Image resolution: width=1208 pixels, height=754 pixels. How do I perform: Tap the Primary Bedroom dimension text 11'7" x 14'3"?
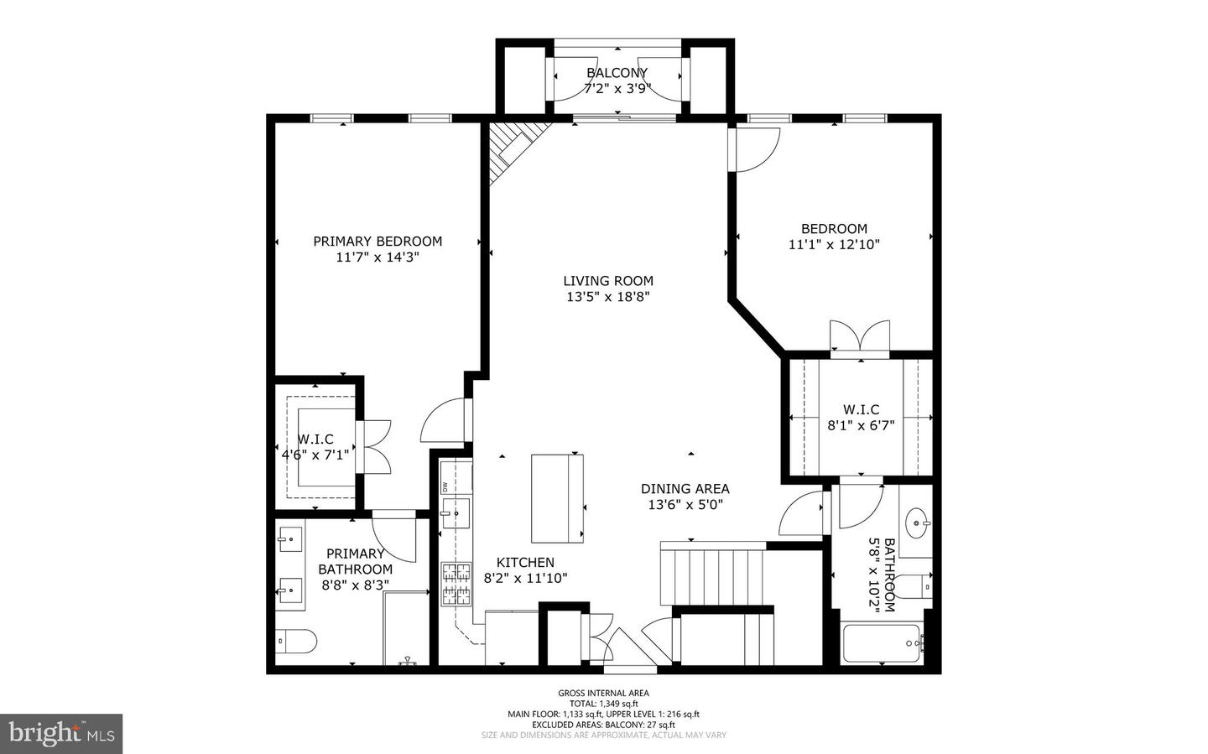click(377, 257)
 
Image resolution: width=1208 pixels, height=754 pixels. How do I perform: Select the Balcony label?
click(617, 73)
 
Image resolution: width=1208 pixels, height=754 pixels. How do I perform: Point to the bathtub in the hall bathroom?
click(883, 643)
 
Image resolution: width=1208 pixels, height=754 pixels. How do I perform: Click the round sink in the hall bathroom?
click(917, 523)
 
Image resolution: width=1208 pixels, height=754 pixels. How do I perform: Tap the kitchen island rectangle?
click(557, 498)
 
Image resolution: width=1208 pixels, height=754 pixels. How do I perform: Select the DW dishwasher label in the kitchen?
click(445, 487)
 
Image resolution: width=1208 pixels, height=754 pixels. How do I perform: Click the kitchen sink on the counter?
click(456, 513)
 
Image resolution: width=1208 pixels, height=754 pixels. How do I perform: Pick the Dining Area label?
click(685, 489)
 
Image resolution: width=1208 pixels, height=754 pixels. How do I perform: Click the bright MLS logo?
click(61, 734)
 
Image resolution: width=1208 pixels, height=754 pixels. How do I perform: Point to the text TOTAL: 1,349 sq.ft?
click(603, 704)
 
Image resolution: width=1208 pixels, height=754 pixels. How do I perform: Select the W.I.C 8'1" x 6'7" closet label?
click(861, 418)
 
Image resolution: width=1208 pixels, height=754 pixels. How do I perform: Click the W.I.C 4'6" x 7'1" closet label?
click(315, 447)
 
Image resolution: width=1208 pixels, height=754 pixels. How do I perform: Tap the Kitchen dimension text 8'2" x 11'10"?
click(525, 579)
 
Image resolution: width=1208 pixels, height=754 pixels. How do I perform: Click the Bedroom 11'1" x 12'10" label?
click(834, 237)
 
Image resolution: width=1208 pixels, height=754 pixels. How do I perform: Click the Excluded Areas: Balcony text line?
click(603, 725)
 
